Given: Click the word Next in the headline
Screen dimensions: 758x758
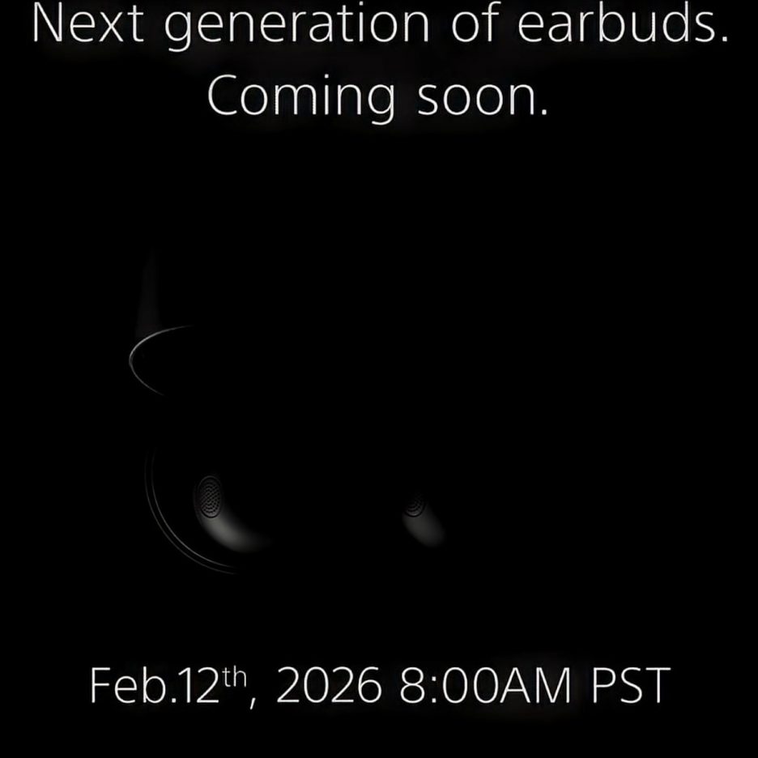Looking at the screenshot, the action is pyautogui.click(x=88, y=23).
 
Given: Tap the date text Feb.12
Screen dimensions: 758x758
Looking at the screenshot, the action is pyautogui.click(x=155, y=684).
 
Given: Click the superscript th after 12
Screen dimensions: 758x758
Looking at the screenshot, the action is pyautogui.click(x=236, y=677).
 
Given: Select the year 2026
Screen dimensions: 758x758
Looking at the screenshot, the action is pyautogui.click(x=328, y=685).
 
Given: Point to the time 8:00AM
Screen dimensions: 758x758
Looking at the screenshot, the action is pyautogui.click(x=484, y=685).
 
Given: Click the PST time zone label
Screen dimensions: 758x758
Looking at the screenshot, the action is pyautogui.click(x=631, y=685).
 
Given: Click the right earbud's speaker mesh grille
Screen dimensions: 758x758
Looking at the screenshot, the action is pyautogui.click(x=415, y=503).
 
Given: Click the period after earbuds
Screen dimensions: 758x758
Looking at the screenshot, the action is pyautogui.click(x=723, y=39).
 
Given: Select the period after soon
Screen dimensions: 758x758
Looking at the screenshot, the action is pyautogui.click(x=544, y=112).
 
